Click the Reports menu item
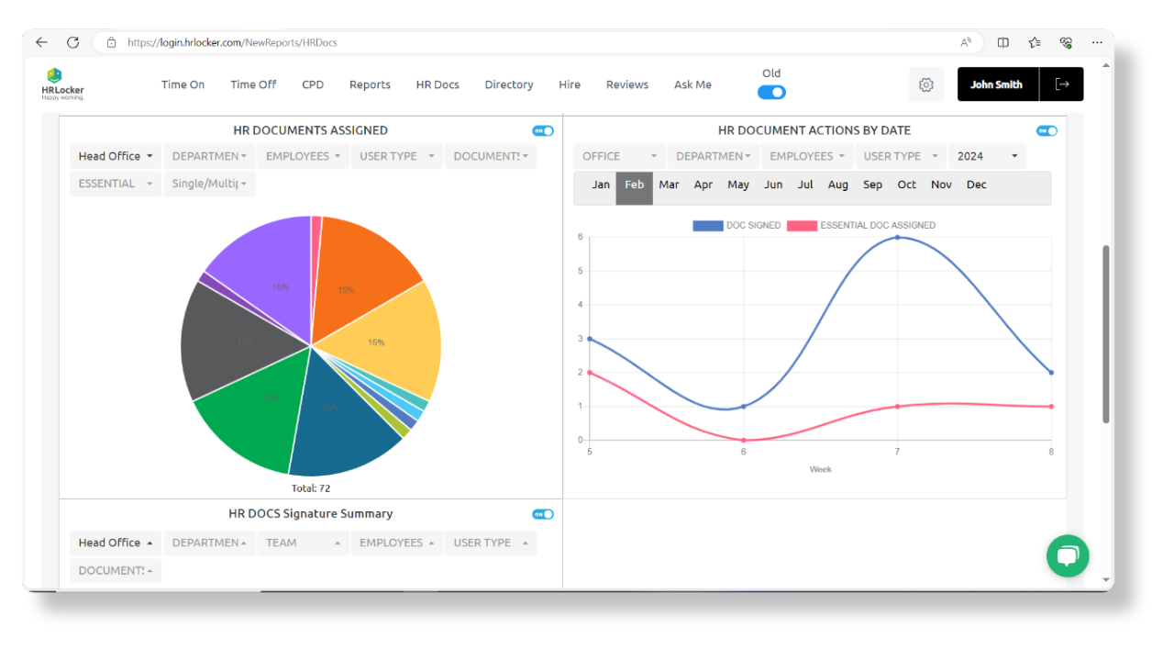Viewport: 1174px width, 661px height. [370, 84]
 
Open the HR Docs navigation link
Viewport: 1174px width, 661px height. [437, 84]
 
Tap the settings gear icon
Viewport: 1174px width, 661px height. [926, 84]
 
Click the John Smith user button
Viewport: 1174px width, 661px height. [997, 84]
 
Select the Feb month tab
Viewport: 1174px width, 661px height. [634, 185]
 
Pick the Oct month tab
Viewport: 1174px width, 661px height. [906, 185]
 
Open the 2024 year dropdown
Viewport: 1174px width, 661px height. [987, 156]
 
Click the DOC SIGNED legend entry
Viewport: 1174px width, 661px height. [737, 226]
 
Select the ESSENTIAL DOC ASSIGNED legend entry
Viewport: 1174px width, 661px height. [861, 226]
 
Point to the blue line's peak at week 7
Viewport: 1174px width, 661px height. [897, 238]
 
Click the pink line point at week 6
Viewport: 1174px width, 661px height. [744, 440]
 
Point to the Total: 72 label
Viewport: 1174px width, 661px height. [310, 488]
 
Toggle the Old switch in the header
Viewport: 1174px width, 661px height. [771, 92]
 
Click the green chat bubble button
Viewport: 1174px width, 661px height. [1068, 555]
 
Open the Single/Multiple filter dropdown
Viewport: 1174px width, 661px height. [209, 184]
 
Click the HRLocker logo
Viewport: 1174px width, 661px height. [62, 84]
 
